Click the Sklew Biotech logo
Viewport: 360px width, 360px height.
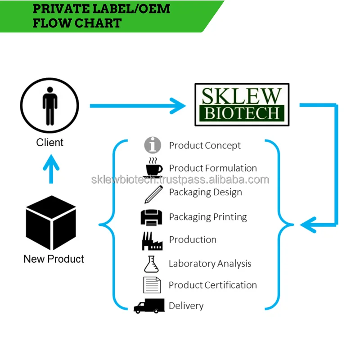coord(242,104)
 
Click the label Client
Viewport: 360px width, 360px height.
coord(49,143)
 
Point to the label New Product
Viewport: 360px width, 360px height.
coord(54,259)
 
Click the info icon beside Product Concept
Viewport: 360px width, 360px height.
coord(153,145)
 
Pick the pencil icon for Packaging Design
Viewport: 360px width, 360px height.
coord(153,193)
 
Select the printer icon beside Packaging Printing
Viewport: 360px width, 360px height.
coord(151,217)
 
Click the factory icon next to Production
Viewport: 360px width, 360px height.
coord(152,241)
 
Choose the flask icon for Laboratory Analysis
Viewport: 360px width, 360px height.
coord(152,264)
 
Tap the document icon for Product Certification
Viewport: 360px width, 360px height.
coord(152,285)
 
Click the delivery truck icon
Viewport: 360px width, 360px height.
coord(149,306)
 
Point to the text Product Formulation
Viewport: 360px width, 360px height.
coord(213,168)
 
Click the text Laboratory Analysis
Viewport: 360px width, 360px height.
coord(210,264)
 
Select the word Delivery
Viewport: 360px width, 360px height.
coord(186,306)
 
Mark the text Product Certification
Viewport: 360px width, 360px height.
coord(212,285)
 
